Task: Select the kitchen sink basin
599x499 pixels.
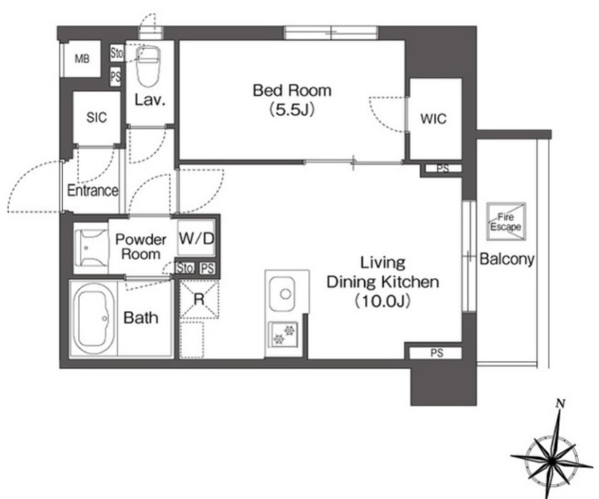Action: (282, 294)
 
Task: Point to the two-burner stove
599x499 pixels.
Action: (283, 335)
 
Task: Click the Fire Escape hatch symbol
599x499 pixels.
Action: (506, 222)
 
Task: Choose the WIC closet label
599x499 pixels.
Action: (433, 119)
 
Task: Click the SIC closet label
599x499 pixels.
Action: (96, 117)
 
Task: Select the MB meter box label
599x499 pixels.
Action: (82, 59)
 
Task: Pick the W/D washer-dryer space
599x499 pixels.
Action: (197, 239)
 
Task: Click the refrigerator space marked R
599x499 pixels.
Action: (199, 299)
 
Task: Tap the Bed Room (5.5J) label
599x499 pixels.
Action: (292, 100)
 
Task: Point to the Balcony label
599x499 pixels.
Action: (507, 259)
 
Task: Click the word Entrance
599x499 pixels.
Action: (93, 190)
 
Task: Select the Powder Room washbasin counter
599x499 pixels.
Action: (91, 248)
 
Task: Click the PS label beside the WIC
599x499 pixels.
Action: (442, 168)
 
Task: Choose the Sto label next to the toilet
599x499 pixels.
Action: (117, 53)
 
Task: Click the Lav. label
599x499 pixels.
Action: (150, 100)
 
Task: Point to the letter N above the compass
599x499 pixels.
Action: (560, 403)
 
